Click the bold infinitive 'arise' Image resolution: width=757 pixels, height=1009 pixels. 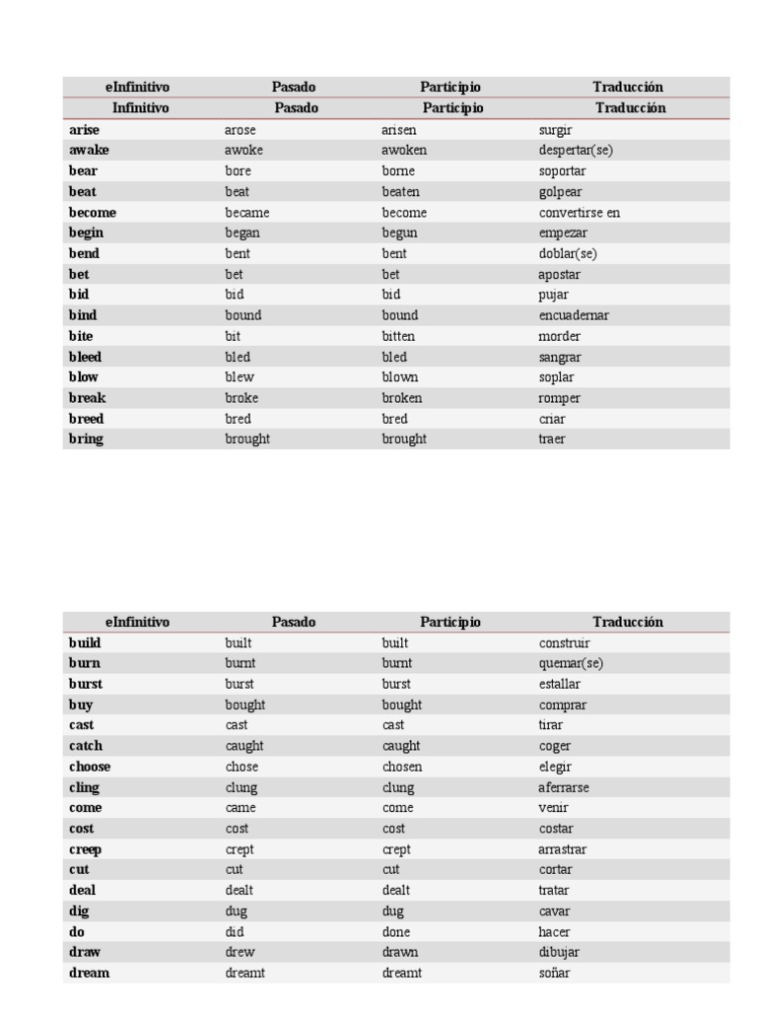[84, 129]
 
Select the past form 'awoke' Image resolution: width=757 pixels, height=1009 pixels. [243, 150]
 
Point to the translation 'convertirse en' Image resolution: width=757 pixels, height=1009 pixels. [580, 212]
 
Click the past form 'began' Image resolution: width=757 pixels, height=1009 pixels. [242, 233]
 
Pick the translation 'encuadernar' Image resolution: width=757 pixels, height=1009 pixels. [574, 315]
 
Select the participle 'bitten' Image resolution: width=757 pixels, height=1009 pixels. [398, 336]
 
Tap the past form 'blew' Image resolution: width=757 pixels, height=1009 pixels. [240, 377]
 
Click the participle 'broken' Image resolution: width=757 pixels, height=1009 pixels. [401, 398]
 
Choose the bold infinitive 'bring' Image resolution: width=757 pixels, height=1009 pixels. [86, 439]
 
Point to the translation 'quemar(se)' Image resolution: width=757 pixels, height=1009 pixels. [571, 663]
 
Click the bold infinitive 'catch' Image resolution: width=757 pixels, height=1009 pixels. [86, 746]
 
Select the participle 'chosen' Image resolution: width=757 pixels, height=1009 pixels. [401, 767]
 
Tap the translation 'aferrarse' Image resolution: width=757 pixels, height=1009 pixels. [564, 787]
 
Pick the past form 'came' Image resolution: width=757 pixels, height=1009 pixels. [241, 808]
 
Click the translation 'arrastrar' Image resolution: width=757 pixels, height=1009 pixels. [563, 849]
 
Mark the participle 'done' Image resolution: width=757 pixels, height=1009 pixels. [396, 931]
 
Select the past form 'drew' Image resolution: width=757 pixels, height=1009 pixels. [240, 952]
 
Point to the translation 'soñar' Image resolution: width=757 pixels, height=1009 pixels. [554, 973]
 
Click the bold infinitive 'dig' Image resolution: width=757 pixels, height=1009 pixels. [79, 911]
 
